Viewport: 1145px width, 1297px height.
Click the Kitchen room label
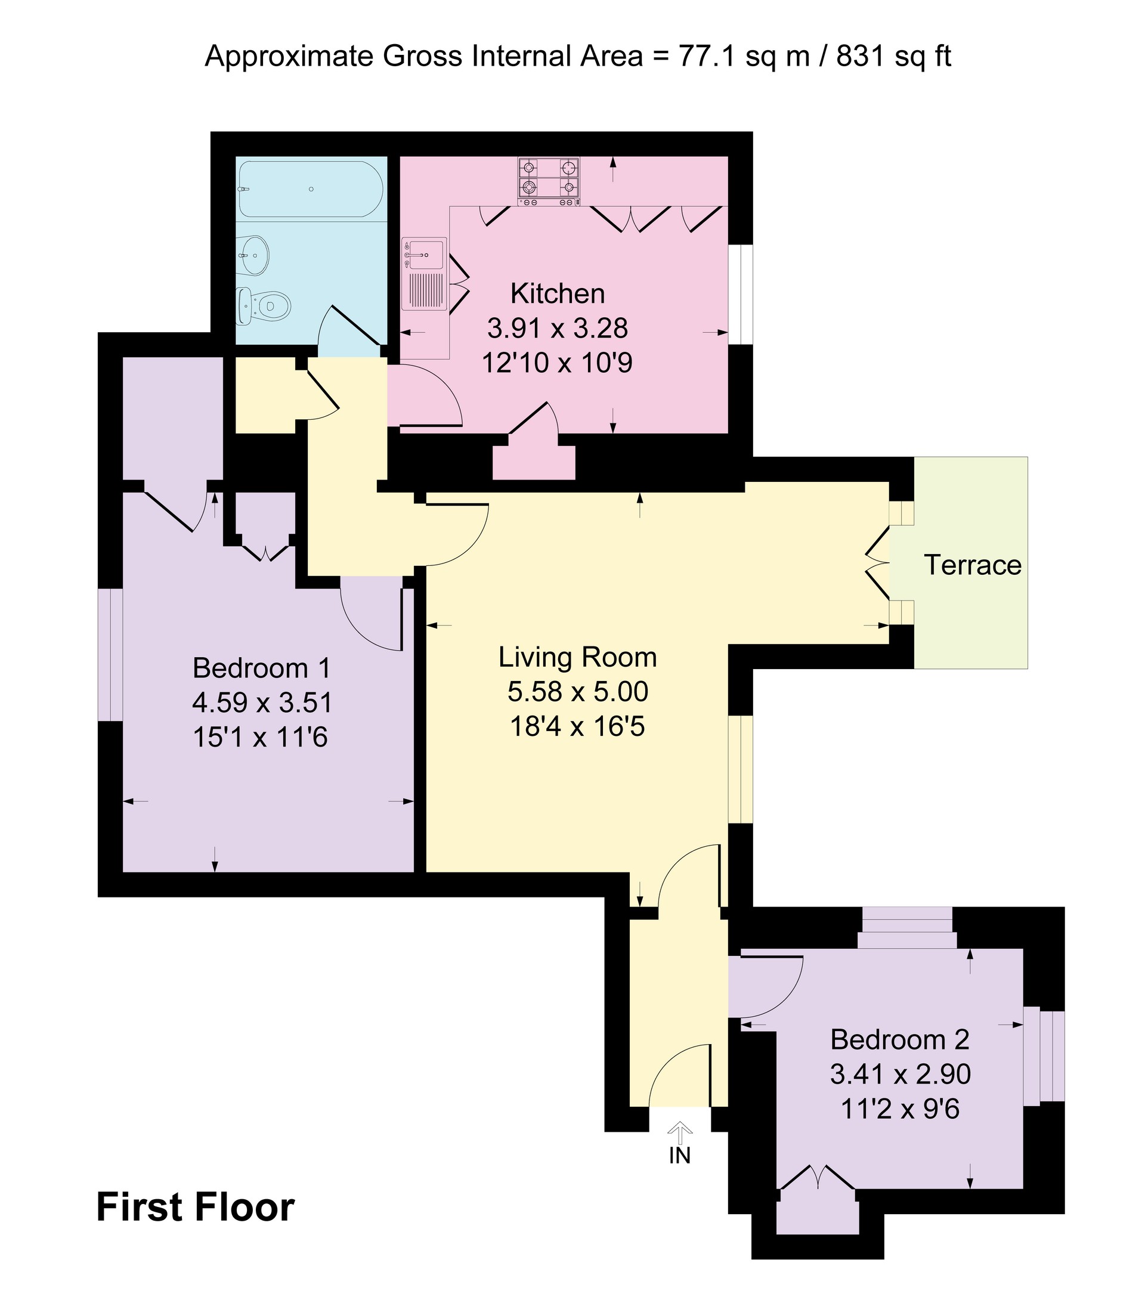coord(557,294)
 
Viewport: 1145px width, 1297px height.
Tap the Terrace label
coord(973,565)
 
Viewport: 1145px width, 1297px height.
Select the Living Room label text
coord(578,657)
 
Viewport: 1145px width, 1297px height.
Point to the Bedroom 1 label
coord(261,668)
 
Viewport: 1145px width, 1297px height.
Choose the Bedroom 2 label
coord(900,1039)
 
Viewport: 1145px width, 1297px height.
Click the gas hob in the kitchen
coord(549,182)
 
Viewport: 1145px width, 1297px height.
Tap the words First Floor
coord(196,1207)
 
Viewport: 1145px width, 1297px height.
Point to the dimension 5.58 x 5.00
coord(578,691)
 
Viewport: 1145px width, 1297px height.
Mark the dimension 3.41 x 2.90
coord(900,1073)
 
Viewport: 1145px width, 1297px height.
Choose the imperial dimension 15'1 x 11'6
coord(260,737)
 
